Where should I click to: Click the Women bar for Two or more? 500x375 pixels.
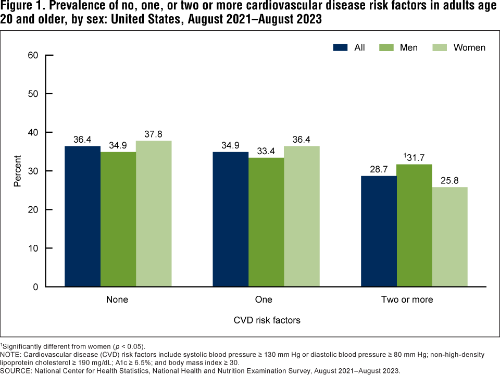coord(449,237)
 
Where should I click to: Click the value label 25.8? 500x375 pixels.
coord(450,180)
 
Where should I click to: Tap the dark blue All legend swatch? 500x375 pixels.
coord(341,47)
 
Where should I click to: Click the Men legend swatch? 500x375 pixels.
coord(386,47)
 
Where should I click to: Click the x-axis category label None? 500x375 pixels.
coord(117,300)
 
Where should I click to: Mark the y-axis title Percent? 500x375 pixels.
coord(18,171)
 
